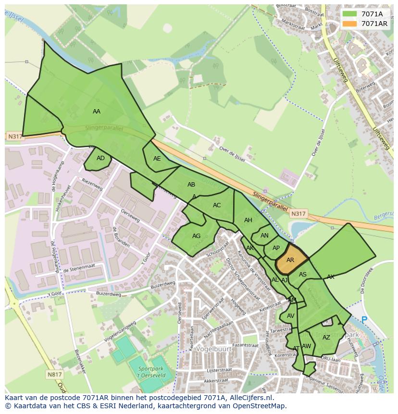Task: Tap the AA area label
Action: [x=97, y=111]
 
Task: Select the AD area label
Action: [x=100, y=158]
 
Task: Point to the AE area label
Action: [x=157, y=159]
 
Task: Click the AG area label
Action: [x=196, y=236]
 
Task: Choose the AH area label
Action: [x=248, y=220]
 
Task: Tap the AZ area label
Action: [x=326, y=338]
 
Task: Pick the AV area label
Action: [x=290, y=316]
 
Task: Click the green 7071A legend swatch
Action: [x=349, y=14]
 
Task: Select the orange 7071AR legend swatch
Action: [x=349, y=24]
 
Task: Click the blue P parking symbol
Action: [x=364, y=320]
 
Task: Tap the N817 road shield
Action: [x=55, y=374]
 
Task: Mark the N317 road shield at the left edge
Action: [x=15, y=137]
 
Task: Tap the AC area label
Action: [x=217, y=205]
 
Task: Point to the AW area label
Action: [x=306, y=346]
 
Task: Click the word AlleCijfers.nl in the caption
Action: [x=249, y=398]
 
